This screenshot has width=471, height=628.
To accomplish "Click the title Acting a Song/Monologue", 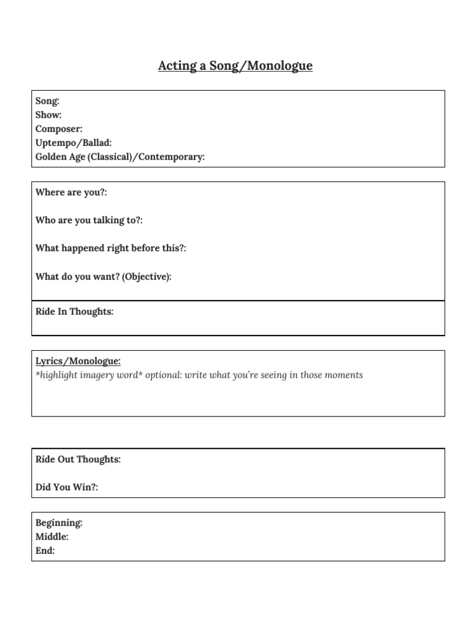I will point(235,66).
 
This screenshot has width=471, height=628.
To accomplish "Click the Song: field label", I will point(47,101).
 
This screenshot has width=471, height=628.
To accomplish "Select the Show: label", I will point(48,115).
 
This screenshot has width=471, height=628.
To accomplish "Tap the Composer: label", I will point(59,129).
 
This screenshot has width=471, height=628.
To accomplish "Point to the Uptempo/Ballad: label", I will point(74,143).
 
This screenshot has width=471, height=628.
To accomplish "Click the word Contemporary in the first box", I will point(171,157).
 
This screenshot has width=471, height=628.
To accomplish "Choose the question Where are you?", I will point(71,193).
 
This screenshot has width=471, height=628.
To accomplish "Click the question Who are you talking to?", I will point(89,220).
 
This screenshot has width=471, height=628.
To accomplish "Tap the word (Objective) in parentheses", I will point(146,277).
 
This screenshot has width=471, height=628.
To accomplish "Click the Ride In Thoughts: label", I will point(74,312).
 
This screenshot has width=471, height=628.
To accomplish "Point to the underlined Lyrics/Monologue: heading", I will point(78,361).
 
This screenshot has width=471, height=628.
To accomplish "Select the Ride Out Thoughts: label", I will point(78,459).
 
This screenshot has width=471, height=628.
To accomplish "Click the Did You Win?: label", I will point(67,487).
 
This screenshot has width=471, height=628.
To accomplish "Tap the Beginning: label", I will point(59,523).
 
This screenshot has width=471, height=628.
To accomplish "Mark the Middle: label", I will point(52,537).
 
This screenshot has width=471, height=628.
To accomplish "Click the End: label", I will point(45,551).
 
